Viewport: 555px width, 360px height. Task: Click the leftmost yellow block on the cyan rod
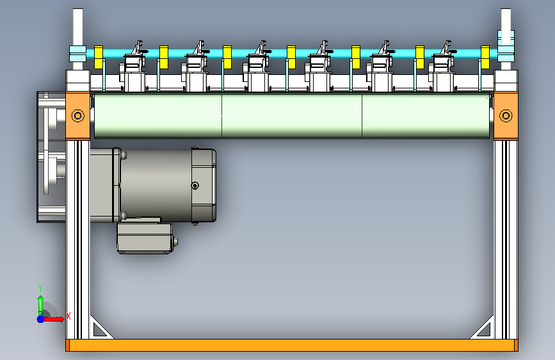click(x=99, y=57)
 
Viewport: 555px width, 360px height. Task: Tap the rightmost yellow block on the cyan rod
click(x=485, y=57)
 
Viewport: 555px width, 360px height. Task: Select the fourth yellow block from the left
click(x=291, y=57)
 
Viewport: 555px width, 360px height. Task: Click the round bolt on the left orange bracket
click(x=78, y=115)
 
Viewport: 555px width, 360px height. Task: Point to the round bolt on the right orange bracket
click(x=506, y=115)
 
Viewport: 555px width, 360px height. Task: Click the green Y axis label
click(x=40, y=288)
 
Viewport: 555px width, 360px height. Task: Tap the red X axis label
click(x=68, y=316)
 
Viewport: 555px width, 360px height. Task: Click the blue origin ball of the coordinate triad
click(x=41, y=319)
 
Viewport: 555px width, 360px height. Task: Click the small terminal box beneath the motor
click(x=145, y=238)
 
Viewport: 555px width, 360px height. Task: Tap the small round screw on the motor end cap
click(x=195, y=185)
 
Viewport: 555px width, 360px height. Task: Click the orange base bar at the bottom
click(x=292, y=345)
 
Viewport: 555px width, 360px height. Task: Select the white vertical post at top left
click(x=78, y=39)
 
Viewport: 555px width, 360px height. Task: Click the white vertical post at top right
click(x=506, y=39)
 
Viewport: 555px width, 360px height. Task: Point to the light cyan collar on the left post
click(x=78, y=54)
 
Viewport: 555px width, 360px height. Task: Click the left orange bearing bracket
click(x=78, y=116)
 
